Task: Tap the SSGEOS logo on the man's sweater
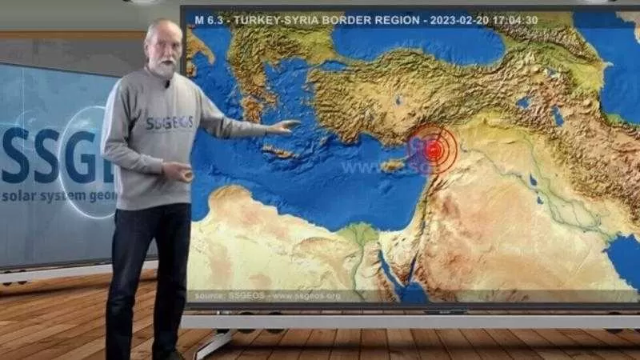pos(170,122)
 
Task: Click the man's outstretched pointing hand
pos(284,126)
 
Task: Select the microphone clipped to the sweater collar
pos(166,83)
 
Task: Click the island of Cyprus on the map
pos(393,166)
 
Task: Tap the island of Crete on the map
pos(279,151)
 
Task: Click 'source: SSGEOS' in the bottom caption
pos(222,296)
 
